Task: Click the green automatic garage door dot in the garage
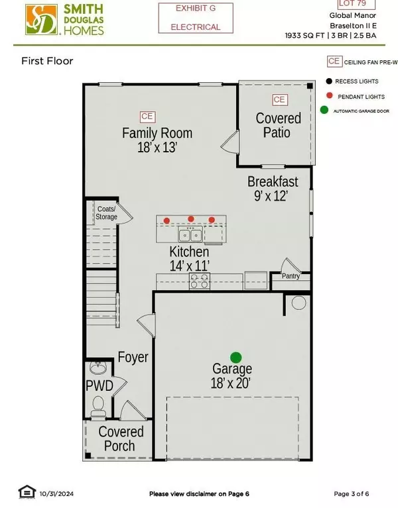point(235,356)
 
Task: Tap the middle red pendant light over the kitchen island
point(191,219)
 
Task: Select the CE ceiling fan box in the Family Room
point(147,116)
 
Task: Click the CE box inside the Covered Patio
point(279,100)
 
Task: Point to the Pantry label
point(291,276)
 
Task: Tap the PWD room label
point(99,385)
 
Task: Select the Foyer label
point(133,358)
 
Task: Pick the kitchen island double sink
point(189,235)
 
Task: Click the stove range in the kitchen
point(200,281)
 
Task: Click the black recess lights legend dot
point(328,81)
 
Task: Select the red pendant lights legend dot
point(328,95)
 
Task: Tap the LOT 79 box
point(354,5)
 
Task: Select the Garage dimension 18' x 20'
point(232,383)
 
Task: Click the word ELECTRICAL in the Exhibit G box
point(196,27)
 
